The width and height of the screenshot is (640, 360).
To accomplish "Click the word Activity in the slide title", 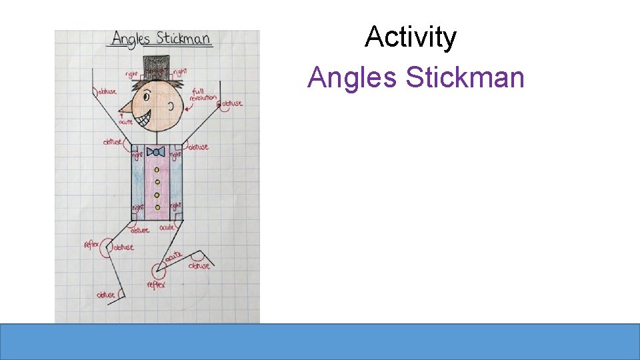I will (x=410, y=37).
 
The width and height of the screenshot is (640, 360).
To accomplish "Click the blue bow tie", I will (x=156, y=152).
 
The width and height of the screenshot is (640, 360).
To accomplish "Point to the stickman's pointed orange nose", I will (x=125, y=108).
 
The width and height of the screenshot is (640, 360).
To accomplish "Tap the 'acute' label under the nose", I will (x=126, y=122).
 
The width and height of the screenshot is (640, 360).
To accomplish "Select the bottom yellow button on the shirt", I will (x=157, y=205).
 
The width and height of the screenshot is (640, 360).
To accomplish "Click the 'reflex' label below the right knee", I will (x=156, y=285).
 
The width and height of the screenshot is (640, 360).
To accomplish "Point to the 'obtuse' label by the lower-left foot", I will (x=106, y=295).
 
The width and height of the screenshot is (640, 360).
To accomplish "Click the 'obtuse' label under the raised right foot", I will (x=199, y=265).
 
